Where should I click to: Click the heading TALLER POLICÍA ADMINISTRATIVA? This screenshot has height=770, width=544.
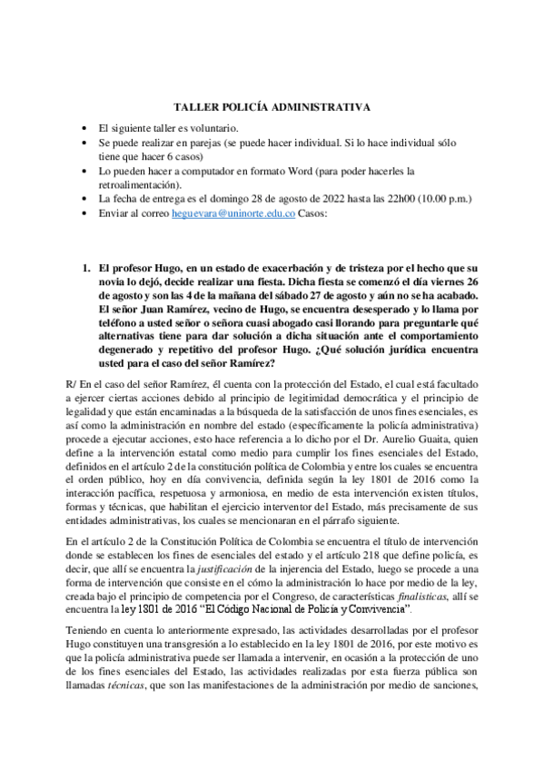272,107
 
